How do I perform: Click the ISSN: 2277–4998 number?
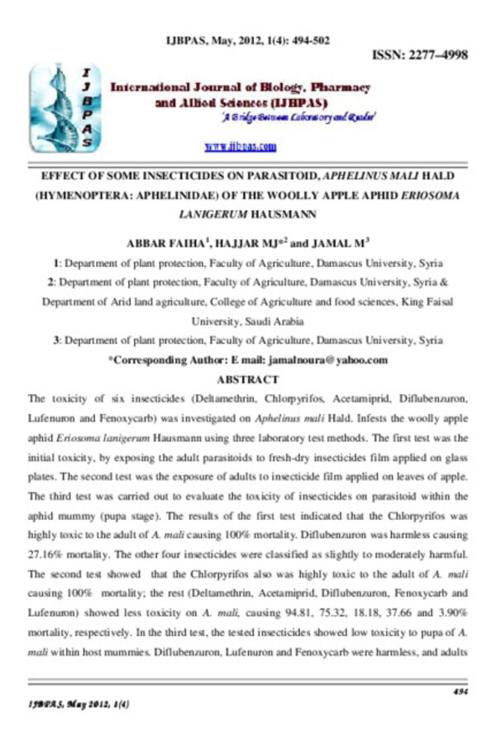[x=421, y=55]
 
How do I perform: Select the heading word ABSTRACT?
[x=247, y=379]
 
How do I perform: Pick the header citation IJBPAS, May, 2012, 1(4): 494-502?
[x=247, y=39]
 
